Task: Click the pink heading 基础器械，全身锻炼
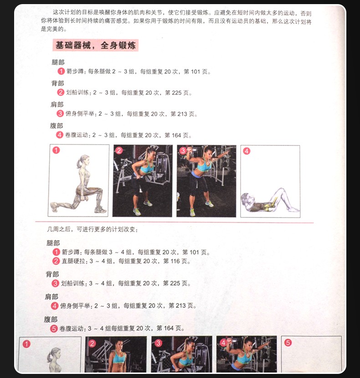coord(95,45)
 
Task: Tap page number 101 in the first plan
coord(195,72)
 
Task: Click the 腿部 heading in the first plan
coord(58,62)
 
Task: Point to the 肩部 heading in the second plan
coord(51,297)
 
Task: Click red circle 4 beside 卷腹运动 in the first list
coord(60,135)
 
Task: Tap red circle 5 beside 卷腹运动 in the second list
coord(54,329)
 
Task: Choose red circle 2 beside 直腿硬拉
coord(56,261)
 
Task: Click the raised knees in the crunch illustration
coord(281,191)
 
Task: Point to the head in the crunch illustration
coord(247,199)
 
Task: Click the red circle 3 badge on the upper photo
coord(183,151)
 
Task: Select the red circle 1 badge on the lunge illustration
coord(56,150)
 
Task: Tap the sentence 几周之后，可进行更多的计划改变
coord(93,229)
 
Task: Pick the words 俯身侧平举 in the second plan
coord(74,306)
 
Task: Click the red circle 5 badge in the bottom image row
coord(288,342)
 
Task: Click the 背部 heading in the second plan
coord(52,274)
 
